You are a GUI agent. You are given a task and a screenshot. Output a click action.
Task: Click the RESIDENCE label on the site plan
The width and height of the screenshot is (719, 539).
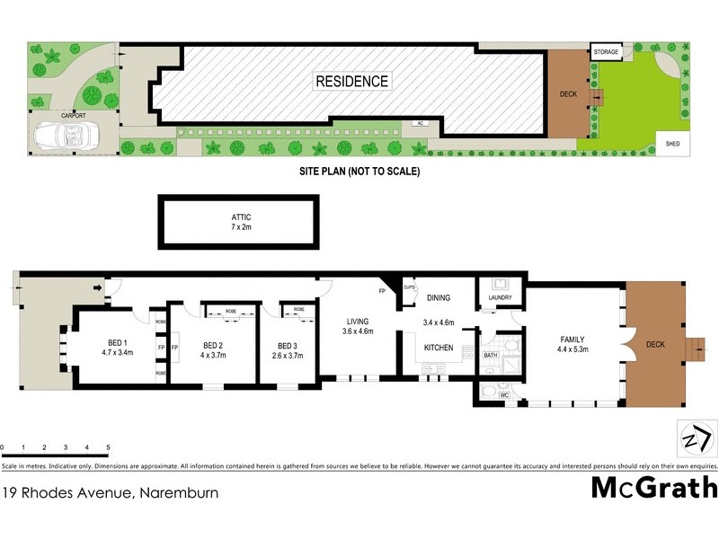click(352, 82)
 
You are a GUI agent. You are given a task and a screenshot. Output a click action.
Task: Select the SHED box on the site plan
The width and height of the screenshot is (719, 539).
click(671, 144)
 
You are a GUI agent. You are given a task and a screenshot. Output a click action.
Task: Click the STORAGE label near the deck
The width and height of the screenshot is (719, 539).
click(606, 53)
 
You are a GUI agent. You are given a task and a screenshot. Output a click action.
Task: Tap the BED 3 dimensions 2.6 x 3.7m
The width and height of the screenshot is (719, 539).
click(287, 356)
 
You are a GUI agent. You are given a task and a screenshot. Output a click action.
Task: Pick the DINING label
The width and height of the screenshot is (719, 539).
click(438, 298)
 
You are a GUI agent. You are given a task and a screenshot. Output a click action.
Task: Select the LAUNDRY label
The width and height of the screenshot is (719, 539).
click(499, 297)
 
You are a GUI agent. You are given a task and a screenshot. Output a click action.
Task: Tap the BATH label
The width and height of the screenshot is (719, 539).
click(490, 356)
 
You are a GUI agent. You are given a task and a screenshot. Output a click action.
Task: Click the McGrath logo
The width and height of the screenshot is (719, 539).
click(653, 488)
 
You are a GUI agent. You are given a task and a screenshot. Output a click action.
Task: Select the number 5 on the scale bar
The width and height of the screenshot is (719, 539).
click(108, 446)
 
